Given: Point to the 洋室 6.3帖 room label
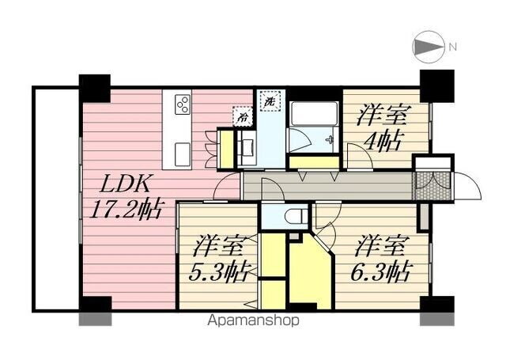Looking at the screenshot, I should tap(381, 260).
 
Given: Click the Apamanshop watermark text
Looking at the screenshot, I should tap(254, 321).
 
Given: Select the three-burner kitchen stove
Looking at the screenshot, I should tap(182, 105).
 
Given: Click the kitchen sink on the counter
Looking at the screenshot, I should tap(181, 150).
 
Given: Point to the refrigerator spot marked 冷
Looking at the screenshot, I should tap(240, 117).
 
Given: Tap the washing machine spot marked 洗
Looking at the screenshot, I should tap(270, 102).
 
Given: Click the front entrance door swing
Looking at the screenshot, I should tap(466, 188).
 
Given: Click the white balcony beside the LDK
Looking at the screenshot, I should tap(55, 201).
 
